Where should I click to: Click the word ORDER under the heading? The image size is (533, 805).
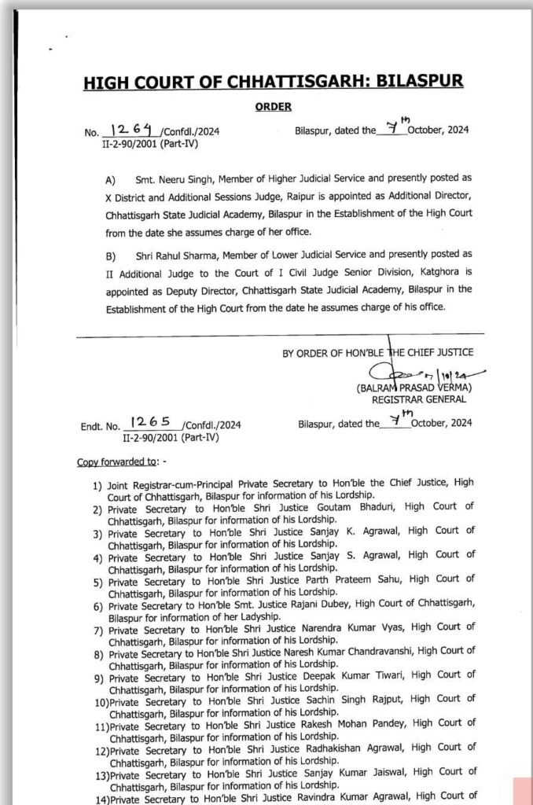(273, 107)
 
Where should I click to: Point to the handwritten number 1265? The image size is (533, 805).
(151, 423)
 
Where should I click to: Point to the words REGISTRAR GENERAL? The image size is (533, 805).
(414, 400)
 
